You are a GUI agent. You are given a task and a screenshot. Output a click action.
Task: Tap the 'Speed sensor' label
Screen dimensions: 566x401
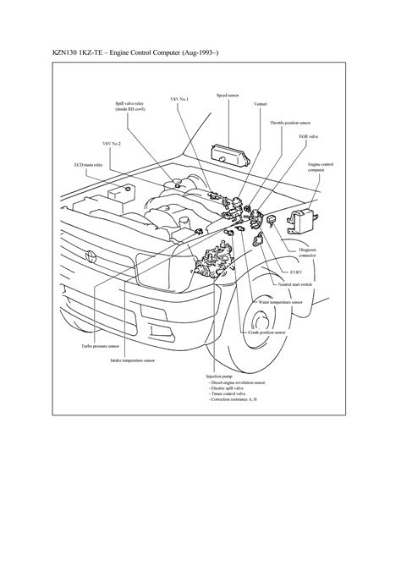tap(228, 96)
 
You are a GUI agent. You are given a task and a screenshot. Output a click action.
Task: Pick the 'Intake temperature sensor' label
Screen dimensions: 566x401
tap(132, 360)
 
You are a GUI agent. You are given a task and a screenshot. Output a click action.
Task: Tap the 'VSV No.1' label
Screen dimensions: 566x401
tap(179, 99)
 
